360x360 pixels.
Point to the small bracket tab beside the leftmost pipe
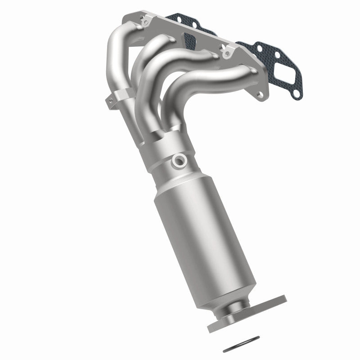click(109, 102)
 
